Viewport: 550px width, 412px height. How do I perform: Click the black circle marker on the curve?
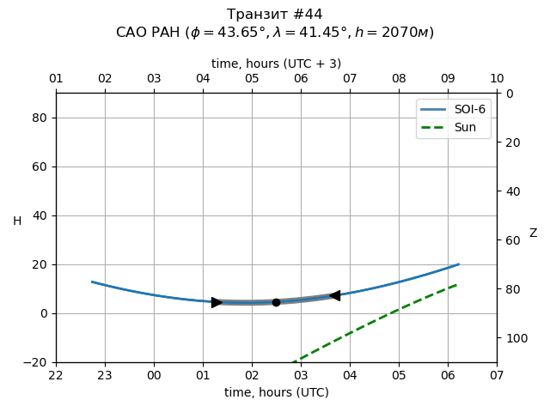coord(276,302)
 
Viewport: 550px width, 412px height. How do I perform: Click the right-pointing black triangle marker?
coord(217,302)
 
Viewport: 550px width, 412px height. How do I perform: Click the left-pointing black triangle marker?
coord(334,295)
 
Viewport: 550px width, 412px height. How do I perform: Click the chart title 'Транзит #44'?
coord(275,15)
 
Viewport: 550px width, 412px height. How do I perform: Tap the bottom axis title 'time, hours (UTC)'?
coord(276,392)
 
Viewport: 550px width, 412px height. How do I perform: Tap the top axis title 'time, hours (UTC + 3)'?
coord(276,64)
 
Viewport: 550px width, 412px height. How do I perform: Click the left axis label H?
coord(17,221)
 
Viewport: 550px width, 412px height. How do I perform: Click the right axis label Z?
coord(533,233)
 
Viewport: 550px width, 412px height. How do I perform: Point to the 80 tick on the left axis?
coord(40,118)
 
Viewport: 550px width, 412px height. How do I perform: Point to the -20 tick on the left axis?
coord(36,362)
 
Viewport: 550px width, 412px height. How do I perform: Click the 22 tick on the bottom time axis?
coord(56,375)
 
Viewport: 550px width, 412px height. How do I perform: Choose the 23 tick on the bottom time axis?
coord(105,375)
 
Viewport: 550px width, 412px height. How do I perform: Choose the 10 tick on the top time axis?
coord(497,79)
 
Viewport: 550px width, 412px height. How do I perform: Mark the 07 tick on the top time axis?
coord(350,79)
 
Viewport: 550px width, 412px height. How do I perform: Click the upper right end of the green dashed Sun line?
coord(456,285)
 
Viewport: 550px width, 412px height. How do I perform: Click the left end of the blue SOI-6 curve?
coord(92,282)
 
